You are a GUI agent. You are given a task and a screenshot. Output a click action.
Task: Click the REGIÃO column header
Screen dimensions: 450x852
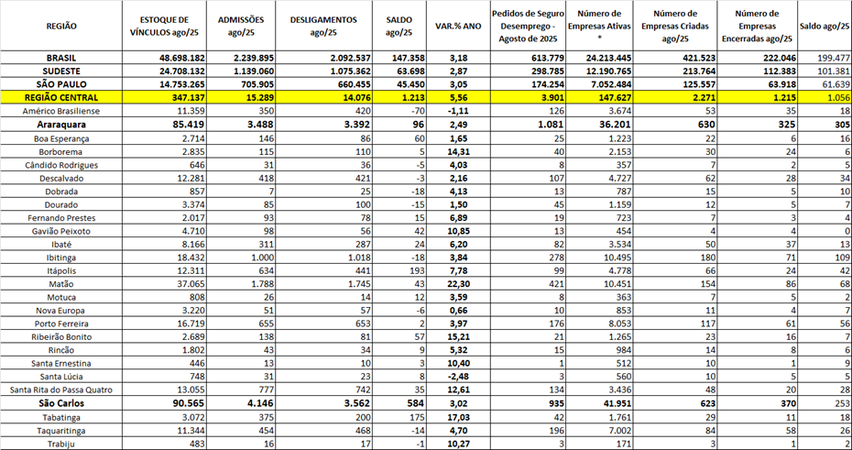(x=61, y=26)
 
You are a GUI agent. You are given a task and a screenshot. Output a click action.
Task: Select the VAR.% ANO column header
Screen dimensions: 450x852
(x=458, y=26)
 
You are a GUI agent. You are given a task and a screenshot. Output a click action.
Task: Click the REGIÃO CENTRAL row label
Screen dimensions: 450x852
(x=61, y=96)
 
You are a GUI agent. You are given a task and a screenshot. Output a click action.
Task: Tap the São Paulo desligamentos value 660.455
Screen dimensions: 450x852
(x=346, y=82)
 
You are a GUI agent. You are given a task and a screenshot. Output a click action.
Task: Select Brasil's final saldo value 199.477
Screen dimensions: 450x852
(x=830, y=57)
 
